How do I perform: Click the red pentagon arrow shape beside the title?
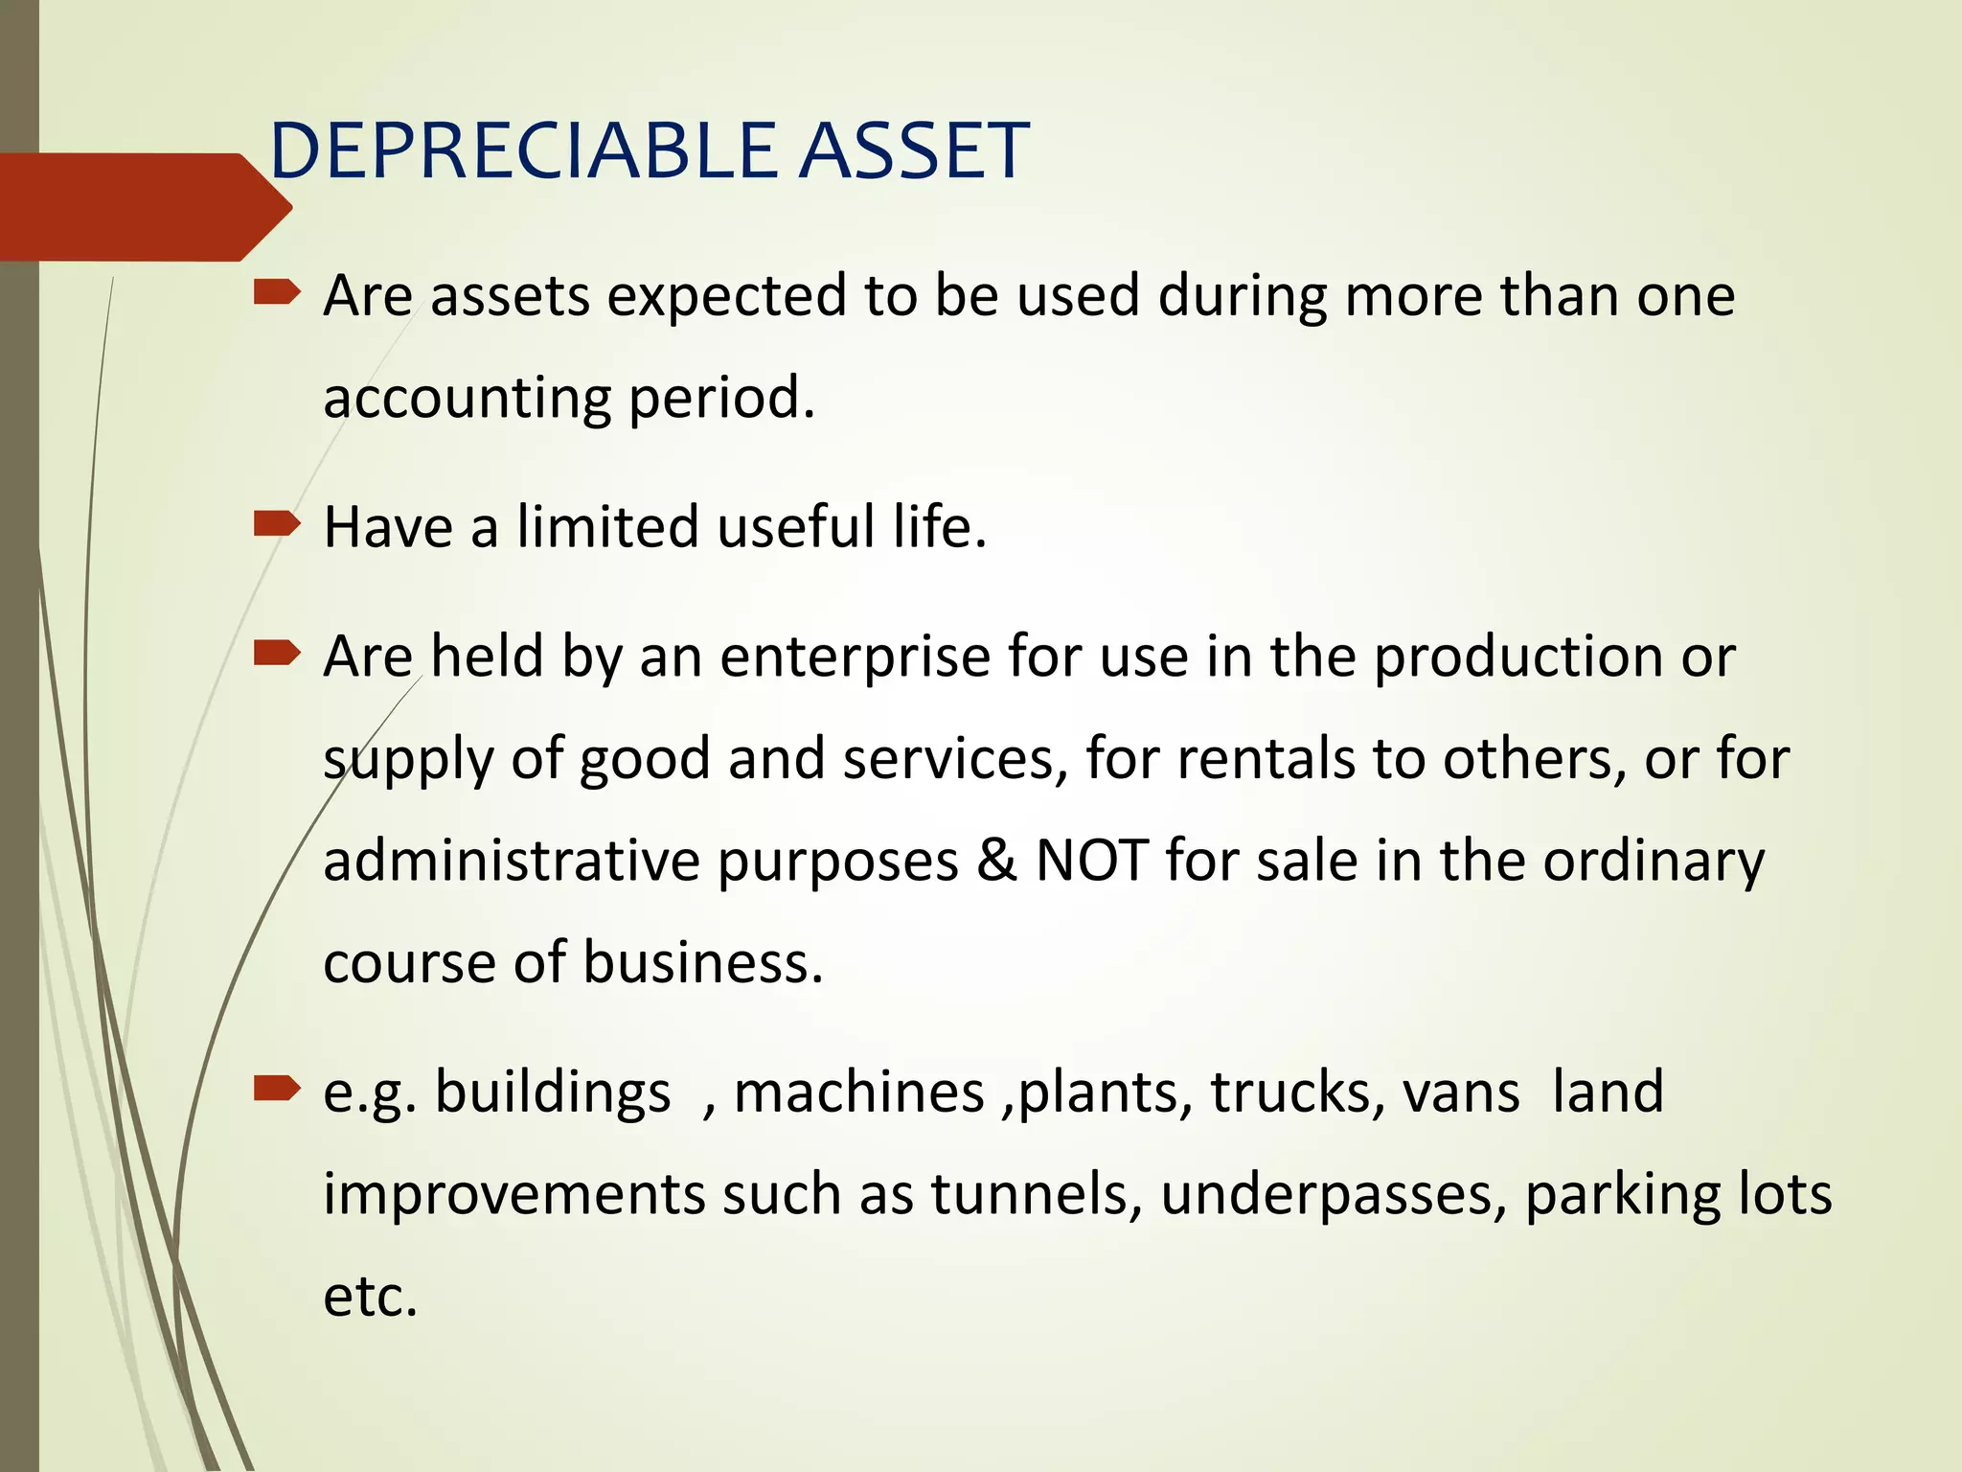(144, 207)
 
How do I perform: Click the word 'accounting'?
(467, 398)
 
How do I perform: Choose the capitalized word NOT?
(1091, 861)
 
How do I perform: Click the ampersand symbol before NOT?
(996, 861)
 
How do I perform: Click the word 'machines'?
(858, 1092)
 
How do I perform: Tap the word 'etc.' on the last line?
(371, 1297)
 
